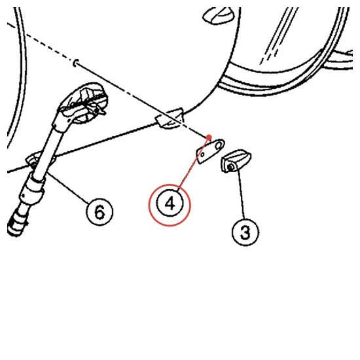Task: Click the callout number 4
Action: pos(170,204)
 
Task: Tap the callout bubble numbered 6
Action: pos(99,211)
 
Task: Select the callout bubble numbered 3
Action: pos(245,232)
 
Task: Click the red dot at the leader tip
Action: pos(209,137)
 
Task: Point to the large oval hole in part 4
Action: pos(219,145)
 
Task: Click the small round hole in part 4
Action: pos(202,154)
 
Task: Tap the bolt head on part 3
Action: pos(231,168)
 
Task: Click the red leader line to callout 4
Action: pos(194,162)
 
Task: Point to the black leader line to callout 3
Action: pos(241,193)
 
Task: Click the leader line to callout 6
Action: pos(68,187)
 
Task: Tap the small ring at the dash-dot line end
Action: pos(75,63)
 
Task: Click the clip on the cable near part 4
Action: pos(170,118)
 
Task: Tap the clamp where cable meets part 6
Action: pos(35,161)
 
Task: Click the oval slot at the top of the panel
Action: pos(219,16)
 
